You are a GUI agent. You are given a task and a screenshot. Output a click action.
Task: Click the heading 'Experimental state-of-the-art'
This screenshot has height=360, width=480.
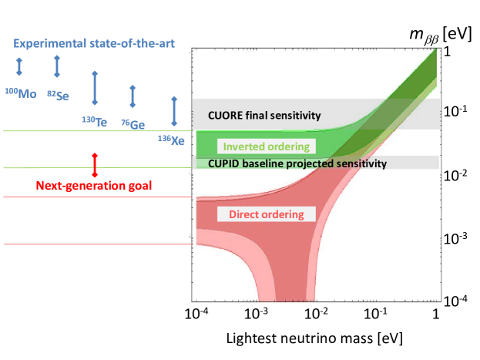point(93,44)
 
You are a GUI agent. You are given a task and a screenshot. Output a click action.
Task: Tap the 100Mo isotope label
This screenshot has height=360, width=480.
point(20,93)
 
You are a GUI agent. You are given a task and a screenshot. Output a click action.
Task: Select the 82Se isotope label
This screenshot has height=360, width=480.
point(57,93)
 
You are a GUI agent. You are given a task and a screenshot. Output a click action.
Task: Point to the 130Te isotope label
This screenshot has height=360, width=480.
point(95,120)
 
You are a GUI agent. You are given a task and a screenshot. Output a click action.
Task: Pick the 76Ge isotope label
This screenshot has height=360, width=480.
point(133,124)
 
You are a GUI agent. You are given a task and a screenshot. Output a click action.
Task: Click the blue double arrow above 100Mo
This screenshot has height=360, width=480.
point(19,67)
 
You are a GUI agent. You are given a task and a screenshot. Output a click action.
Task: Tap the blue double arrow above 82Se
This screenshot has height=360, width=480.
point(57,66)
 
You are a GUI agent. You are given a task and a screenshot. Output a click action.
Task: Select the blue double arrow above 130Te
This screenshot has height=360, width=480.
point(95,88)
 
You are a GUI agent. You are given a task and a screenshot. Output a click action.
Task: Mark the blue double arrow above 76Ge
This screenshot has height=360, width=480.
point(133,96)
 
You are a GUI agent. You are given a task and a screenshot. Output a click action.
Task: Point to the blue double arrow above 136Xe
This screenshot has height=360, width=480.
point(174,112)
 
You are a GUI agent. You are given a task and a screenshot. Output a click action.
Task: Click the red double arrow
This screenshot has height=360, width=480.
point(95,164)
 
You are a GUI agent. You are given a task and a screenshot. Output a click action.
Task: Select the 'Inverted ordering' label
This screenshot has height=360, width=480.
point(266,146)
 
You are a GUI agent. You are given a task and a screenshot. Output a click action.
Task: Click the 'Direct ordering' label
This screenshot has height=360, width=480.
point(267,214)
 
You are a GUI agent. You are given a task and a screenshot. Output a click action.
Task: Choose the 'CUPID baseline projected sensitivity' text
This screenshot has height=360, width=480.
point(297,163)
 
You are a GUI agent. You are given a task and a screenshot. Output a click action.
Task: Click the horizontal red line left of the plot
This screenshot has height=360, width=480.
point(96,244)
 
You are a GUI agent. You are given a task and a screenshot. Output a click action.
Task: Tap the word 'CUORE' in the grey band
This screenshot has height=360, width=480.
point(226,116)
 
